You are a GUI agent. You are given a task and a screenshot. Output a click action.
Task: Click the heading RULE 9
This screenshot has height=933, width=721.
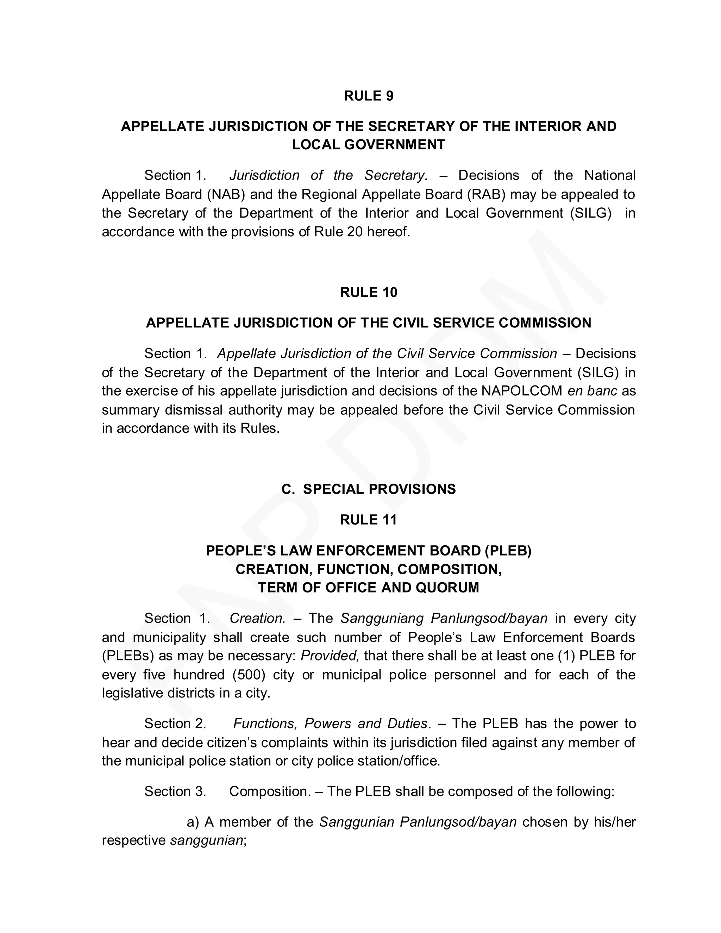(368, 96)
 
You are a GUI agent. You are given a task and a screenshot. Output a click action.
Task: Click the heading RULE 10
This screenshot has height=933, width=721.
(368, 292)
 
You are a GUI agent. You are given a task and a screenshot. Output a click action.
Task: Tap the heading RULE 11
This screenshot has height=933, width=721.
(368, 520)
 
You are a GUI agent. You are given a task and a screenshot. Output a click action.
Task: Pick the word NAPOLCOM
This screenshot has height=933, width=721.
(521, 391)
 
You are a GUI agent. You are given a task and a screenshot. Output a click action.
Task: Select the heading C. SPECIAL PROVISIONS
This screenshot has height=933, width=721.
(368, 489)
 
